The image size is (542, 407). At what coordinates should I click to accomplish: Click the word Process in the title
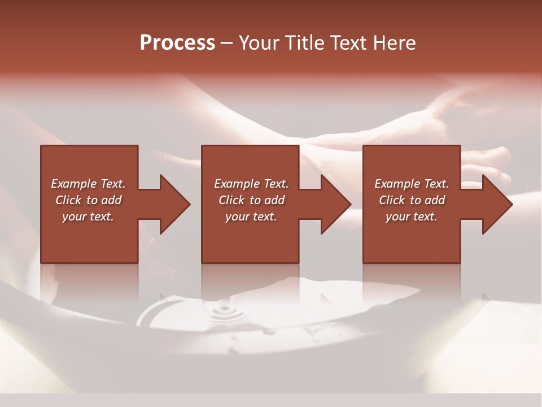tap(177, 43)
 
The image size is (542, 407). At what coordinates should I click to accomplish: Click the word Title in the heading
tap(303, 43)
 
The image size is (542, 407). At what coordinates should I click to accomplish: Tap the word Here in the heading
tap(394, 43)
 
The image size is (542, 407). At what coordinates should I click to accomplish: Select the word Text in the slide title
tap(348, 43)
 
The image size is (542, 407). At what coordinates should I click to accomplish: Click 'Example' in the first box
tap(74, 184)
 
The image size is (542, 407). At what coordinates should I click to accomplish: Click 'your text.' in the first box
tap(88, 217)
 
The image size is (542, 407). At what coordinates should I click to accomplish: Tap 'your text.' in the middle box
tap(251, 217)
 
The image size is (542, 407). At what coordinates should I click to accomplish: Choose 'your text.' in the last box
tap(412, 217)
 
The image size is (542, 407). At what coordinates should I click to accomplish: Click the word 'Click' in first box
tap(68, 200)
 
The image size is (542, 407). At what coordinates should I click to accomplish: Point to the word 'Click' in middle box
tap(231, 200)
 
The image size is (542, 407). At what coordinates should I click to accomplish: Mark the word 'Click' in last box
tap(392, 200)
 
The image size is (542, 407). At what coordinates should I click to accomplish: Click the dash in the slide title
tap(227, 44)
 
